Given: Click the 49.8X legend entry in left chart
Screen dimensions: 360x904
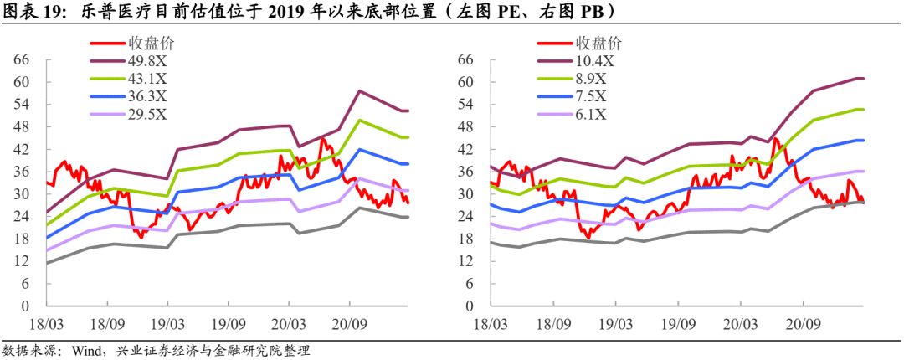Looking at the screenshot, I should (146, 60).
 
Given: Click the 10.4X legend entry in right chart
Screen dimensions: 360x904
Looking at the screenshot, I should (595, 60).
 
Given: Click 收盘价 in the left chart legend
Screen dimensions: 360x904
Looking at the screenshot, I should (151, 43).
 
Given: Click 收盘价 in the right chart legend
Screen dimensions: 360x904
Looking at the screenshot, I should (599, 43).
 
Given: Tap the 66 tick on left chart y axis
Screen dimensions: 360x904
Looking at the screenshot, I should (21, 59).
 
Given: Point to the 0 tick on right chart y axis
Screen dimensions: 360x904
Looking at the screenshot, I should (470, 306).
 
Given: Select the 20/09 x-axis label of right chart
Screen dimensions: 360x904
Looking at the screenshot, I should (801, 323).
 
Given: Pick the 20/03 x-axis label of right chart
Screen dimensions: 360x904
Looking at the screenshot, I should (741, 323).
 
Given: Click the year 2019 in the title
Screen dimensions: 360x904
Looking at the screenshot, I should (275, 11).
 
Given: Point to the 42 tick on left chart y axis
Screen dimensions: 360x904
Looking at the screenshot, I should (21, 149).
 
